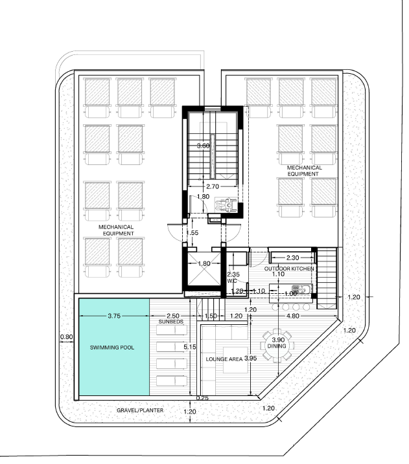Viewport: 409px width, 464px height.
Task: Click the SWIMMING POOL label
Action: pos(111,348)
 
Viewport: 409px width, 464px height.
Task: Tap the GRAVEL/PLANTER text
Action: pos(140,410)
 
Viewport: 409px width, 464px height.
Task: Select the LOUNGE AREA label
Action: pos(224,359)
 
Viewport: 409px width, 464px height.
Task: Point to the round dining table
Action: pos(277,345)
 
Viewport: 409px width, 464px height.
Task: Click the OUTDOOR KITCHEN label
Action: pos(289,269)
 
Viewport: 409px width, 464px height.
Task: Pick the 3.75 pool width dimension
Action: pos(114,316)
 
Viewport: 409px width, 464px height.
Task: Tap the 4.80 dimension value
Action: pos(293,316)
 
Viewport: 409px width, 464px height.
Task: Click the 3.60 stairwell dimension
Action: pos(204,146)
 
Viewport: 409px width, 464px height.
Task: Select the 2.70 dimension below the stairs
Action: pos(213,186)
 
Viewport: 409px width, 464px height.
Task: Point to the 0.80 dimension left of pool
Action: pos(66,337)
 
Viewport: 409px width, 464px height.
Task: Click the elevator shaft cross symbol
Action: pos(204,269)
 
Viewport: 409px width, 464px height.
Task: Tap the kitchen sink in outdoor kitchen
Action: pos(301,289)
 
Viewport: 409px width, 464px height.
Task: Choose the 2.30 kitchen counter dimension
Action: pos(292,258)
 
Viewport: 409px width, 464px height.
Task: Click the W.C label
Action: pos(232,281)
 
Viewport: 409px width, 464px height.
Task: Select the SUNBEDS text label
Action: pos(171,322)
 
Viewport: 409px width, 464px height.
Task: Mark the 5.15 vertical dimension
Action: pos(190,347)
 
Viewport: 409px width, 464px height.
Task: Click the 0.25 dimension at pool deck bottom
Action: pos(202,398)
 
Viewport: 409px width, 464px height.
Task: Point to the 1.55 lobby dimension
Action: pos(193,233)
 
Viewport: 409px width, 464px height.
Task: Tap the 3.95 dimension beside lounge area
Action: pos(250,359)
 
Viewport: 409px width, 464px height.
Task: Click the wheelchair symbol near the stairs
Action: pos(227,204)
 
